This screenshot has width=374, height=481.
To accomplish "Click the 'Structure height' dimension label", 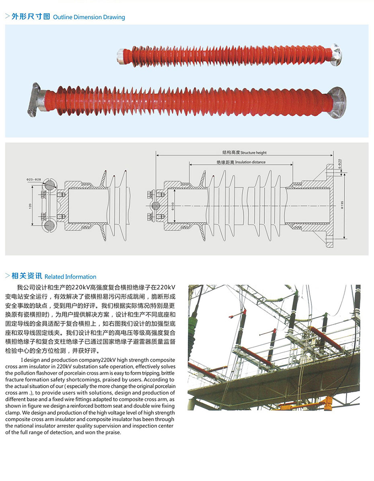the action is point(253,152).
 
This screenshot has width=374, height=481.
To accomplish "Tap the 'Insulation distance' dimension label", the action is point(250,162).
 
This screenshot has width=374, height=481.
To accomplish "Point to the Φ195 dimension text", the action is point(342,205).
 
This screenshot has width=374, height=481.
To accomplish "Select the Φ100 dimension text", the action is point(173,206).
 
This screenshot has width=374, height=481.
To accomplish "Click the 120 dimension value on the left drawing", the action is point(31,206).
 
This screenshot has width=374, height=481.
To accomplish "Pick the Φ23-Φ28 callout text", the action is point(34,179).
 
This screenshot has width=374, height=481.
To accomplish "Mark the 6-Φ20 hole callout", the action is point(339,164).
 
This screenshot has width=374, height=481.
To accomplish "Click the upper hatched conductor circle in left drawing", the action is point(49,185).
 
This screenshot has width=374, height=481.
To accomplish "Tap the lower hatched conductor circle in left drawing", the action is point(49,226).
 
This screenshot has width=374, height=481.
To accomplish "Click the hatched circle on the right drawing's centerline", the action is point(156,206).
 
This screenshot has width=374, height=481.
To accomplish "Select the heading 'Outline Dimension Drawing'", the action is point(89,17).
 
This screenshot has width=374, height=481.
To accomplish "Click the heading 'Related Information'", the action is point(70,277).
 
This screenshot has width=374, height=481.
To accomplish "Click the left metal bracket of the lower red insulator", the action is point(35,100).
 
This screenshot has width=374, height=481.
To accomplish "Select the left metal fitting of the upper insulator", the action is point(121,56).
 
